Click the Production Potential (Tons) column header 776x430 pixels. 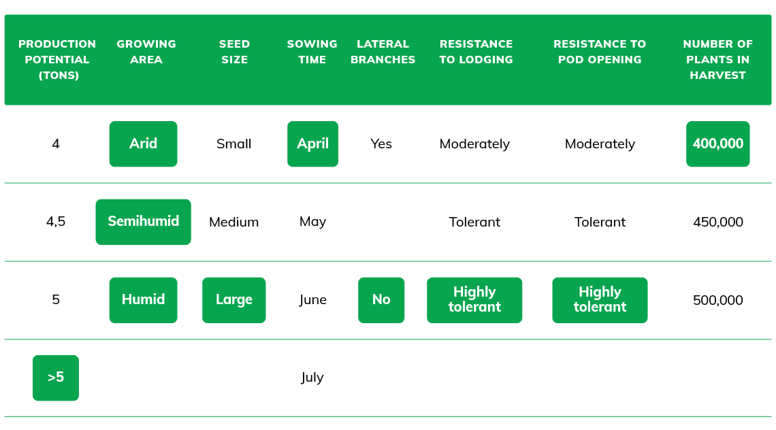click(x=57, y=59)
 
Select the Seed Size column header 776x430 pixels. click(x=234, y=52)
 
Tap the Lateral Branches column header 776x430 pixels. click(x=383, y=52)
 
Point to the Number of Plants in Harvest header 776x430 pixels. click(x=717, y=59)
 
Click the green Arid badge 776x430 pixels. click(x=143, y=144)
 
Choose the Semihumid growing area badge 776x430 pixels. click(x=143, y=222)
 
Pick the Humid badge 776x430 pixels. click(x=143, y=300)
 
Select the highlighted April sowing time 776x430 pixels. click(x=312, y=144)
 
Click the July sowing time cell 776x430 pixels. click(x=312, y=378)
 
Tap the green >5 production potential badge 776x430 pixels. click(x=56, y=378)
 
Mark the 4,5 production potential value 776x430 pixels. click(x=56, y=221)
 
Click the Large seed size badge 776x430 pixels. click(x=234, y=300)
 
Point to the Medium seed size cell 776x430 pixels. click(x=233, y=222)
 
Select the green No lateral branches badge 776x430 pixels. click(x=381, y=300)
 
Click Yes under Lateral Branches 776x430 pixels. click(x=381, y=144)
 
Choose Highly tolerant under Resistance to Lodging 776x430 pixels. click(x=474, y=300)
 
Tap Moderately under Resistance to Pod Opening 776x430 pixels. click(x=600, y=144)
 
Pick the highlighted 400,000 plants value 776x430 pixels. click(x=718, y=144)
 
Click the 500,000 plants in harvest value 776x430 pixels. click(x=718, y=300)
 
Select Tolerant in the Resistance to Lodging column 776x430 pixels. click(x=474, y=222)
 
